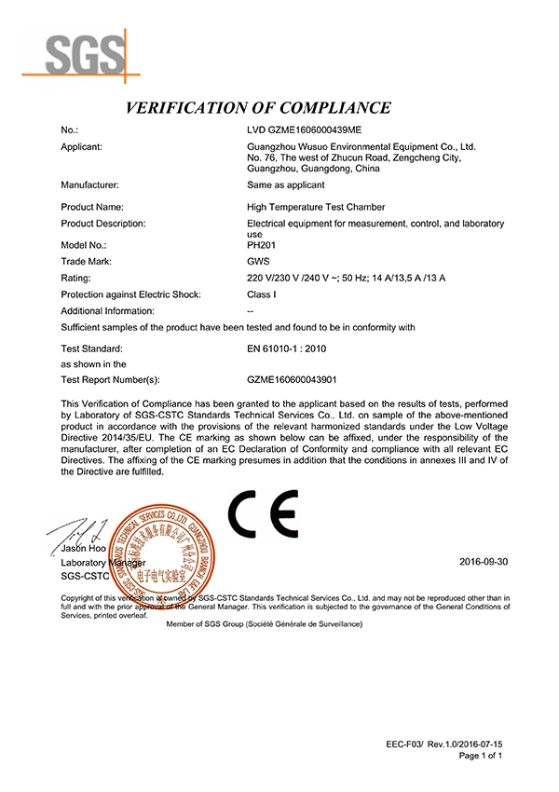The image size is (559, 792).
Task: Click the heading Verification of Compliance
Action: tap(258, 107)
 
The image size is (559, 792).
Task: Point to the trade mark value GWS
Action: tap(260, 262)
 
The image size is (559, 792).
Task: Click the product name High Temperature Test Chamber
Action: tap(316, 207)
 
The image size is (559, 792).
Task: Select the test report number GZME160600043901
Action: tap(292, 379)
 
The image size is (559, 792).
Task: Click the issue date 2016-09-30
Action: tap(484, 563)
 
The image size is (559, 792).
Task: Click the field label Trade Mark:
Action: tap(86, 262)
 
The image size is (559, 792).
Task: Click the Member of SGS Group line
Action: tap(264, 623)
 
